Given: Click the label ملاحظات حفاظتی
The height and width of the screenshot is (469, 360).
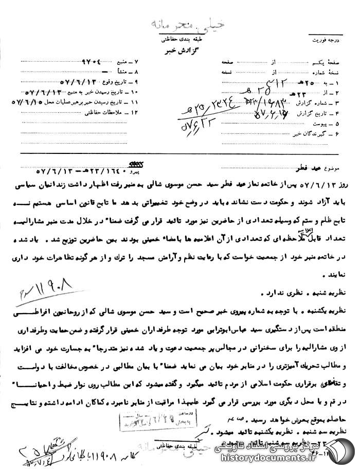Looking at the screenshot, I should pos(115,112).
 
